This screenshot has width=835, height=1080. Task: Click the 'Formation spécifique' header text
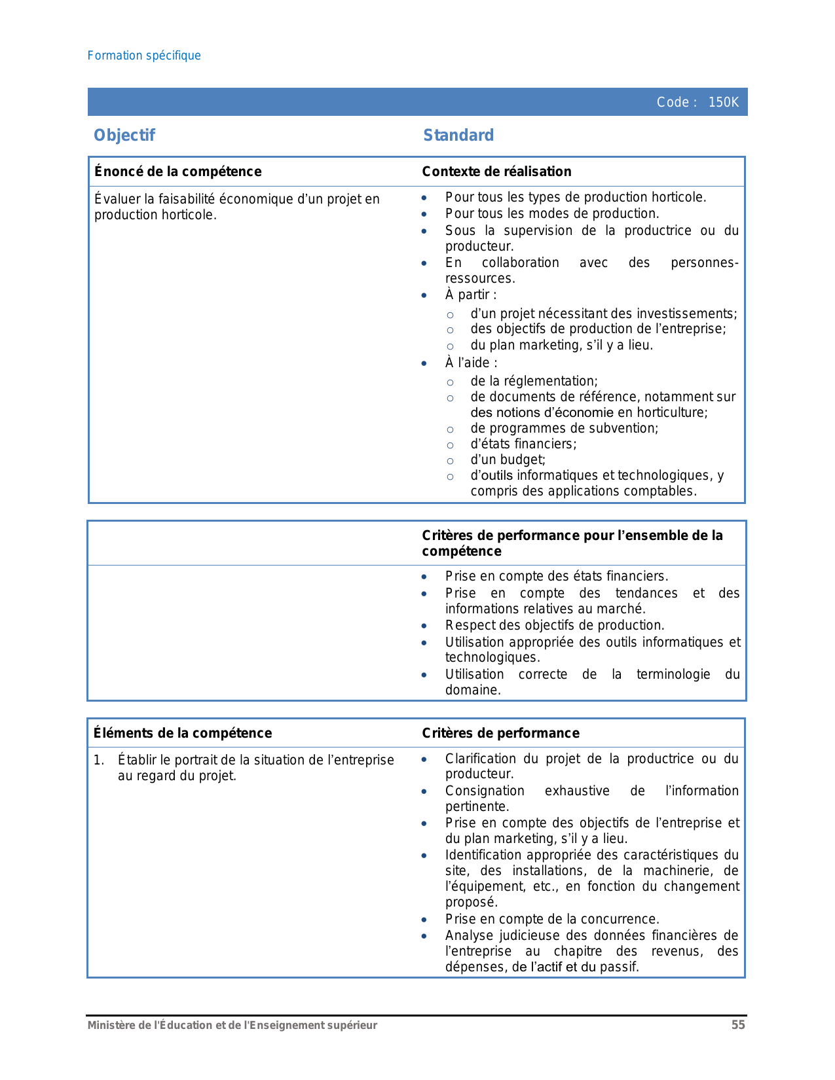(144, 56)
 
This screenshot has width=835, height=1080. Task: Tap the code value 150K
(723, 103)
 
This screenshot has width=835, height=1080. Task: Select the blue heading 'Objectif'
(124, 135)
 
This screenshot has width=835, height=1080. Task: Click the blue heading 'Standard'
(458, 135)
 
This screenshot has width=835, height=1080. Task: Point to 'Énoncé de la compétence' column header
(177, 171)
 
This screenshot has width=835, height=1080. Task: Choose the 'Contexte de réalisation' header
(496, 171)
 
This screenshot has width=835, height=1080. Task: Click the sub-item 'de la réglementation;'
(534, 382)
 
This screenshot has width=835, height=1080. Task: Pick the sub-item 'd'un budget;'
(508, 460)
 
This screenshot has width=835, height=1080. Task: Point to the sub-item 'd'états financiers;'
(523, 444)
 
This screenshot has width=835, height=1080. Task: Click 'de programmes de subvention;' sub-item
(564, 429)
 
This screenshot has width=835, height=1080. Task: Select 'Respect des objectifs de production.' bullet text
(555, 626)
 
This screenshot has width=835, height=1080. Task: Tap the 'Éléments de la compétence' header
(182, 733)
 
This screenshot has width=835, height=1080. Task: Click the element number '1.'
(99, 761)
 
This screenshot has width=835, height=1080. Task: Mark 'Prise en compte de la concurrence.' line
(552, 920)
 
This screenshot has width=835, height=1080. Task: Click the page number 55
(738, 1025)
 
